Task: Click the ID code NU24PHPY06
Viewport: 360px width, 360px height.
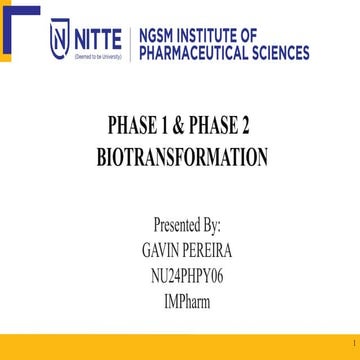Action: (x=181, y=266)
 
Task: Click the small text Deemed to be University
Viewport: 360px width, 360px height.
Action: (x=95, y=58)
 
